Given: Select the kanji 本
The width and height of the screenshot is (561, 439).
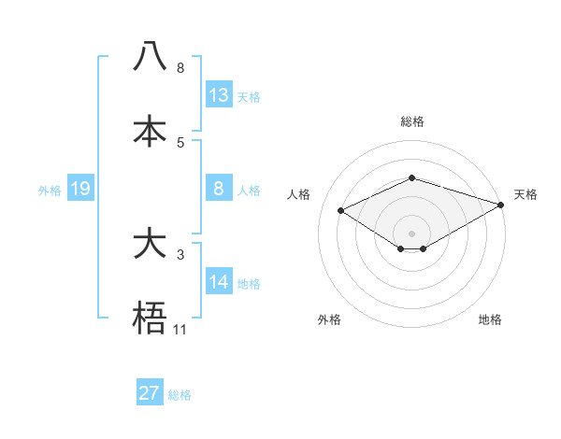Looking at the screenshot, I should (150, 131).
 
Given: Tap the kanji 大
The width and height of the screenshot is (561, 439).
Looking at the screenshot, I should (150, 244).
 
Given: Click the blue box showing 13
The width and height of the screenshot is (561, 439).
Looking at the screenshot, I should (219, 94).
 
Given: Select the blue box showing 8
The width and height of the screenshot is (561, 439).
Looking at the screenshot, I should (219, 189).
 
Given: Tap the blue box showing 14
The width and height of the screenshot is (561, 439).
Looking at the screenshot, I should (219, 282).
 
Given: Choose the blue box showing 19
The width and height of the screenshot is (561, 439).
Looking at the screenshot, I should (79, 189).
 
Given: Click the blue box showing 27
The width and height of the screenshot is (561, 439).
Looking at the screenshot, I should (150, 393).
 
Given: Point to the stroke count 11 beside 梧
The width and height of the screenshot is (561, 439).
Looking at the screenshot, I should (180, 329).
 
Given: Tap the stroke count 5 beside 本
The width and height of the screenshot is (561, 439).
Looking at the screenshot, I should (180, 142).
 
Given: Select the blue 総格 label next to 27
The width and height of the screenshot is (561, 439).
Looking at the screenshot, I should (180, 395).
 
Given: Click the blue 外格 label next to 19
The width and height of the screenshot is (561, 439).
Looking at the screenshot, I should (50, 191).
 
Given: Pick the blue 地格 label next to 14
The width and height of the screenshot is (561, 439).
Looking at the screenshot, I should (249, 284).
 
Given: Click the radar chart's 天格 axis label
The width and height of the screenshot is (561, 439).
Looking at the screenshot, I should (525, 194).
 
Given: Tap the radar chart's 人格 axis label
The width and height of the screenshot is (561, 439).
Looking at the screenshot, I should (299, 194).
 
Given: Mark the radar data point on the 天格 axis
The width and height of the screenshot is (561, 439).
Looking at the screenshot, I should (501, 205).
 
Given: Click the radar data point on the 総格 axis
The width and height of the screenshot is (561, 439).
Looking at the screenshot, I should (411, 177).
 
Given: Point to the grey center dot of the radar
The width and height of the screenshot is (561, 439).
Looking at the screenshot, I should (411, 233).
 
